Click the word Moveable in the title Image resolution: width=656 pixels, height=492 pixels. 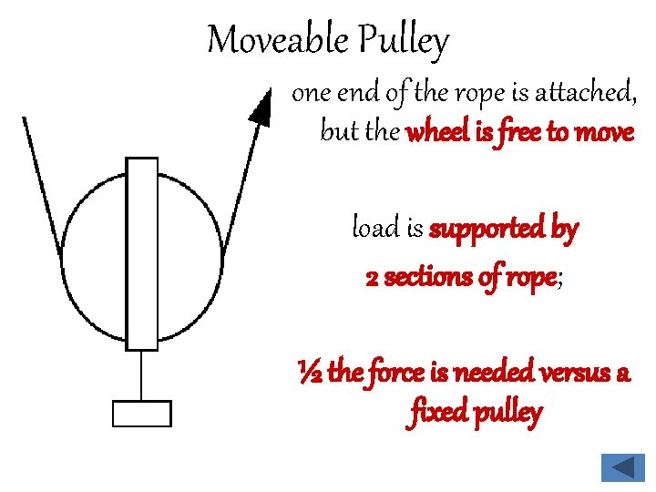coord(277,41)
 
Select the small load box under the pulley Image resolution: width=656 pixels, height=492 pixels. coord(141,414)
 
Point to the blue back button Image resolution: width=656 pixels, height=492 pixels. coord(622,468)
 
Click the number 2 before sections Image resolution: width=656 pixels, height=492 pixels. coord(372,277)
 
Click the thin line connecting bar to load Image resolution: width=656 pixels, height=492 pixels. coord(141,375)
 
